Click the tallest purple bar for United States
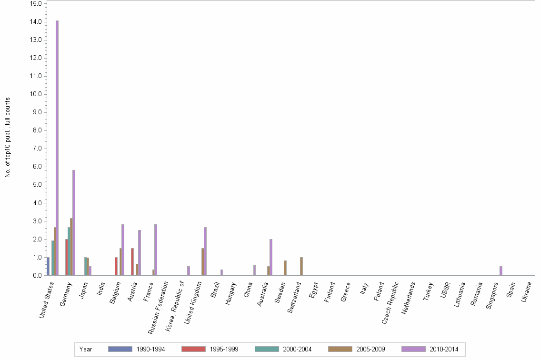point(57,148)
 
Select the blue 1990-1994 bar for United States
point(48,266)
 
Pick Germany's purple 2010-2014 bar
point(74,222)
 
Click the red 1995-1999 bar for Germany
point(67,257)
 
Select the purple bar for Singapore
point(501,270)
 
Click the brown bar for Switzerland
point(301,266)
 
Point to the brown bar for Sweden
point(285,268)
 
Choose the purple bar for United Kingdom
point(205,251)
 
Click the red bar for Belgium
point(116,266)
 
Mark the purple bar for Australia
point(271,257)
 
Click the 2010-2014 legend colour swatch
point(413,349)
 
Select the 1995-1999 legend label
point(224,350)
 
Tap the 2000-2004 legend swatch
point(267,349)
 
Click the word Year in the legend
point(86,350)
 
